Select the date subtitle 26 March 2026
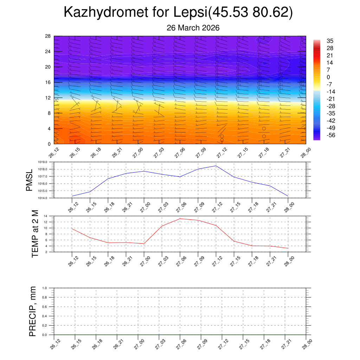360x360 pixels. (193, 28)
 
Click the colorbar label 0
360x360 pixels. (328, 77)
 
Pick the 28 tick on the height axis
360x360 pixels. (48, 36)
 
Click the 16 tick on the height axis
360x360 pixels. (48, 82)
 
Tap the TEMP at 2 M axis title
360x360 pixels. (35, 234)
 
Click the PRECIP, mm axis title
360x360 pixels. (33, 311)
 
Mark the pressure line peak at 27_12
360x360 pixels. (216, 166)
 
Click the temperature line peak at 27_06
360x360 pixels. (180, 219)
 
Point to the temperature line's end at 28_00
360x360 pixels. (288, 248)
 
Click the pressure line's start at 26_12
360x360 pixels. (72, 196)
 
